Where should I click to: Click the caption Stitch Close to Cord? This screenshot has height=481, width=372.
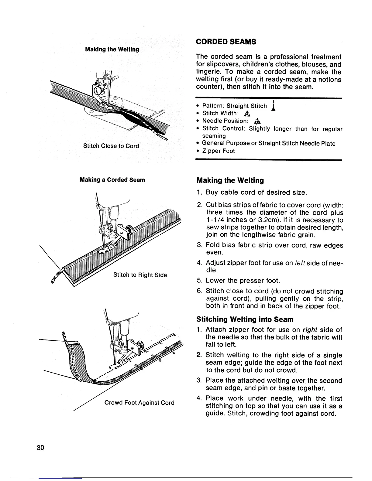(x=111, y=146)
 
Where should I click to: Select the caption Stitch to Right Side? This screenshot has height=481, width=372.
(x=140, y=275)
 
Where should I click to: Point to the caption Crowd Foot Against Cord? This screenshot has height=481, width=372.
(x=139, y=403)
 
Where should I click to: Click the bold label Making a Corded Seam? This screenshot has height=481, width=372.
(x=112, y=180)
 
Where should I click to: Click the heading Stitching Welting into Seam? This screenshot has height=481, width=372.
(x=245, y=319)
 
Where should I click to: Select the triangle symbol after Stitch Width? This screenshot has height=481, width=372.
(x=247, y=114)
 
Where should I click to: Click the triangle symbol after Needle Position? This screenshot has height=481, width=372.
(x=257, y=121)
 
